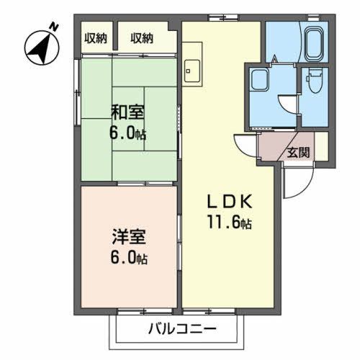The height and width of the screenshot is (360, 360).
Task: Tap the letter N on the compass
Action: click(x=53, y=27)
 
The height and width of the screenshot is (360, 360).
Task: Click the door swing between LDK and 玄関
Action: click(x=246, y=147)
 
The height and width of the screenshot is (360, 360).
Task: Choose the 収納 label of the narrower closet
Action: click(x=96, y=39)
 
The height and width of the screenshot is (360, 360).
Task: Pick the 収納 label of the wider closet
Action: click(x=142, y=39)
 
